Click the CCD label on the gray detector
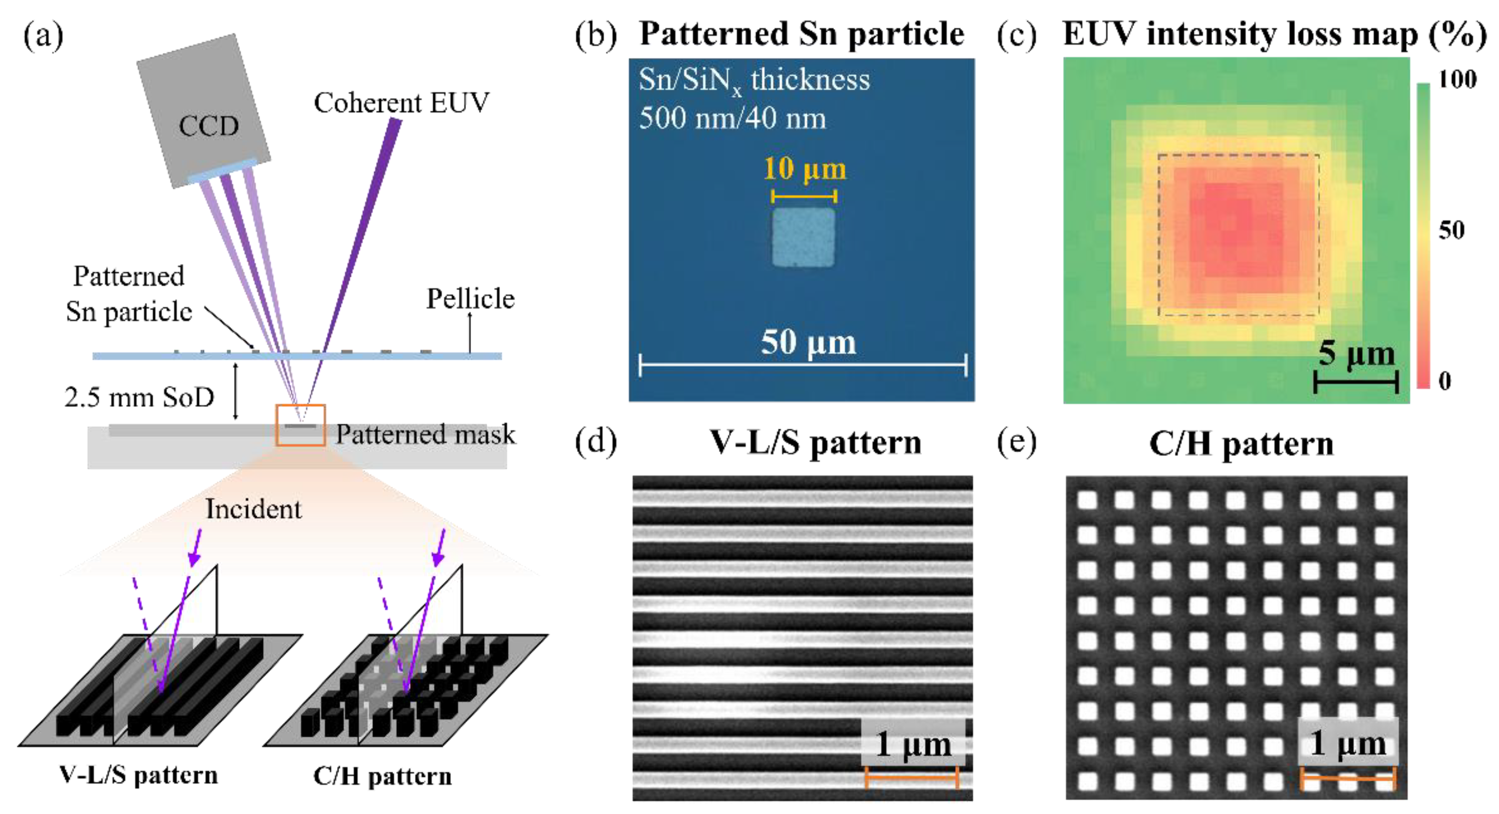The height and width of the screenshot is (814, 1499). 208,126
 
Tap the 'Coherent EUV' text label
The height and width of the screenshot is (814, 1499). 401,103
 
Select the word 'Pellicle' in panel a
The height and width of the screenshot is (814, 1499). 470,299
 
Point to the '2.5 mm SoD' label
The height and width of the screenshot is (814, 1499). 139,397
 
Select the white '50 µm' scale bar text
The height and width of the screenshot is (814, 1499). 808,342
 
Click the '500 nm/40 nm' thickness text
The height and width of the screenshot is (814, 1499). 732,118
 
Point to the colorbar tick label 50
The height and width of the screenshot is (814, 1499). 1451,230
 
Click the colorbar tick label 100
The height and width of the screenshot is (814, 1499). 1457,79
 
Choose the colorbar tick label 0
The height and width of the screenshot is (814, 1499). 1445,381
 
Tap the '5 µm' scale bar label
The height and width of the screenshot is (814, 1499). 1356,354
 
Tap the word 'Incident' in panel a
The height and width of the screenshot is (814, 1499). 254,509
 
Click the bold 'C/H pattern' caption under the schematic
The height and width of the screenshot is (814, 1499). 382,776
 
